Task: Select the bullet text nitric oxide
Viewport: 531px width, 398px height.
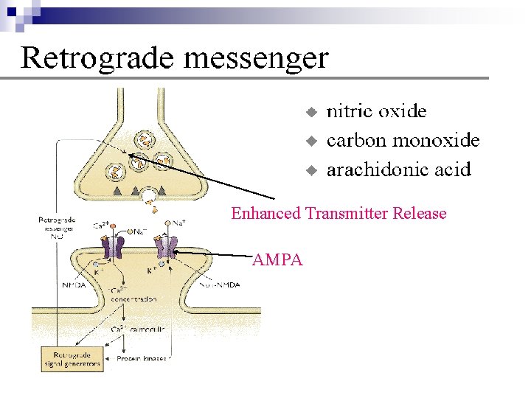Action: tap(376, 111)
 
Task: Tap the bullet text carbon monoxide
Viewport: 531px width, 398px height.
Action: tap(403, 140)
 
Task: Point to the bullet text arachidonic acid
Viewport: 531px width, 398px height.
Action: tap(398, 170)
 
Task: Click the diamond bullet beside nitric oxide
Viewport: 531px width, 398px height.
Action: tap(311, 112)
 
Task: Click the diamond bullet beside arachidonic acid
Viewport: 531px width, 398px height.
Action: tap(311, 170)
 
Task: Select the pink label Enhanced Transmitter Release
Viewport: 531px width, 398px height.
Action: tap(339, 214)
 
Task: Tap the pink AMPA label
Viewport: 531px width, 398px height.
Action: tap(277, 259)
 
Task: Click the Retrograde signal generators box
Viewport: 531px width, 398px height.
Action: tap(72, 360)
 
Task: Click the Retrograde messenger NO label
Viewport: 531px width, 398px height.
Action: tap(55, 228)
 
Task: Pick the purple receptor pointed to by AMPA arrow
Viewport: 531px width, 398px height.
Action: tap(172, 247)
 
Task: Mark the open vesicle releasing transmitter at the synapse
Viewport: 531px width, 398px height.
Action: tap(150, 196)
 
